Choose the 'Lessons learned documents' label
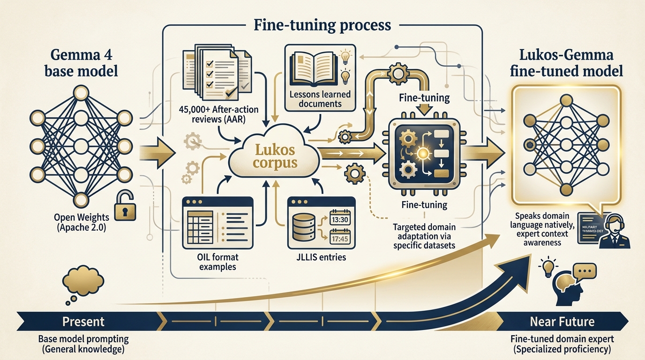[321, 99]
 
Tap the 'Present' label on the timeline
[84, 322]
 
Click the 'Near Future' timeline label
[562, 322]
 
